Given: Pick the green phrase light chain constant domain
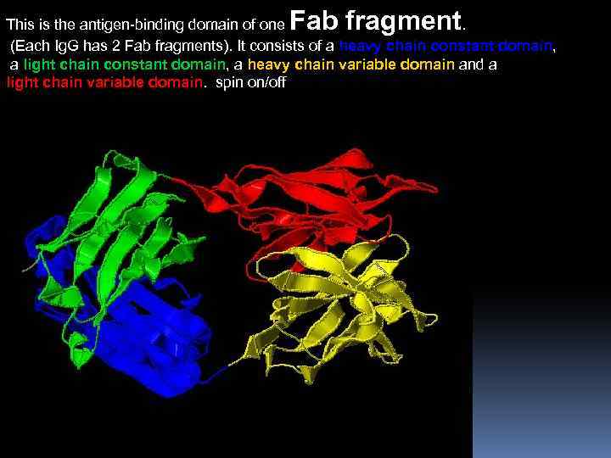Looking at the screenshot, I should click(x=124, y=64).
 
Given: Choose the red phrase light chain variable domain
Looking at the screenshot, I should click(x=104, y=82).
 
